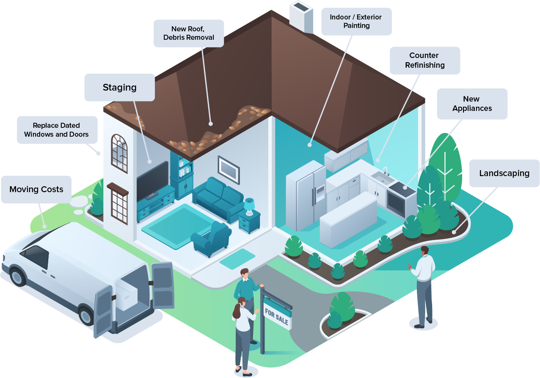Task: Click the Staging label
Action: point(119,88)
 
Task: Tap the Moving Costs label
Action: point(36,189)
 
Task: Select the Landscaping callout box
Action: point(504,173)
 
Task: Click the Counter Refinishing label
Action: point(424,60)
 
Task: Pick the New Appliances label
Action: point(472,104)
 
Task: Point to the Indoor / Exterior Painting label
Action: point(356,21)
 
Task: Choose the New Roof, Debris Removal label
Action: point(189,33)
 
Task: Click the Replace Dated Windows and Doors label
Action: point(57,130)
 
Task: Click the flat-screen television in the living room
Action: point(152,180)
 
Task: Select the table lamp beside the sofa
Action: point(249,205)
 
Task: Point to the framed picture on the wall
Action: point(229,170)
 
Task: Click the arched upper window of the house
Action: point(119,153)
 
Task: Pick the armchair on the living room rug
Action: point(211,240)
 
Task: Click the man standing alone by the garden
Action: point(423,286)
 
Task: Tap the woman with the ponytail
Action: point(242,334)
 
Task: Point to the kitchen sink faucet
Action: point(385,171)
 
